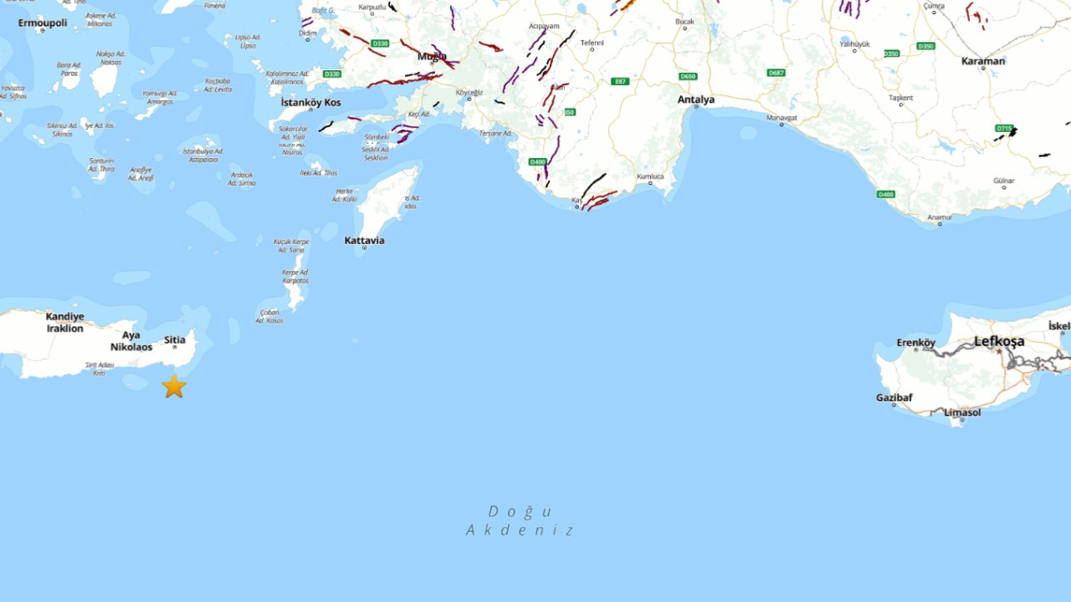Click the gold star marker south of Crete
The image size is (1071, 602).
coord(174,386)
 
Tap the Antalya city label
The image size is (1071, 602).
coord(696,99)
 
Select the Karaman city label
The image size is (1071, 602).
coord(983,61)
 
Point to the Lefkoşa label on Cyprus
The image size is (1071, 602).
coord(999,341)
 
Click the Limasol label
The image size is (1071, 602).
coord(962,412)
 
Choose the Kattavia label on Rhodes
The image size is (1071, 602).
coord(365,240)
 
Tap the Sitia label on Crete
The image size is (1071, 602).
coord(175,339)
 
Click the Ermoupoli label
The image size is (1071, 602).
coord(43,23)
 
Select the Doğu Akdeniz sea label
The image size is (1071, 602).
coord(520,520)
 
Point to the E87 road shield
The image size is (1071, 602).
coord(620,81)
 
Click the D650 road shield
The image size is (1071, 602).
coord(688,76)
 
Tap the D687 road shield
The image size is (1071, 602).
coord(776,73)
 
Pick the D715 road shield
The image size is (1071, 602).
coord(1004,128)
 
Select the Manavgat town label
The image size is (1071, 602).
coord(782,118)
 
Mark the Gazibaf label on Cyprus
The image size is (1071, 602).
coord(894,397)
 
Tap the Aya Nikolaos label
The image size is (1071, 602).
coord(131,340)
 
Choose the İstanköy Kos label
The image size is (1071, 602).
coord(311,102)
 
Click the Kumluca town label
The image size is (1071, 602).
coord(650,176)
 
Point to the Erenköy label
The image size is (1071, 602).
coord(916,342)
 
